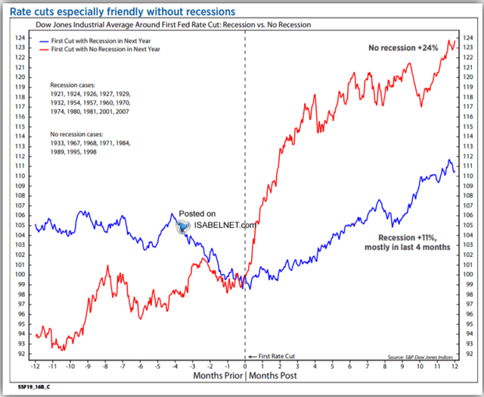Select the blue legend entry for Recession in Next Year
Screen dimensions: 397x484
pyautogui.click(x=110, y=38)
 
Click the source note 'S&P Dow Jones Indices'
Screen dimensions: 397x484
pyautogui.click(x=420, y=358)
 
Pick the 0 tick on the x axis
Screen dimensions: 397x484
pyautogui.click(x=245, y=364)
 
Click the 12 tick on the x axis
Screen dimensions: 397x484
pyautogui.click(x=455, y=364)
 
